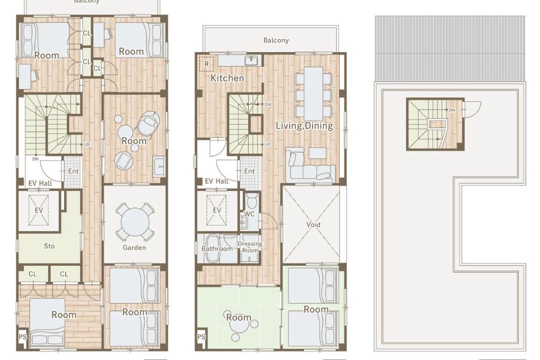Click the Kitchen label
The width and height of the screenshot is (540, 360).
pyautogui.click(x=227, y=78)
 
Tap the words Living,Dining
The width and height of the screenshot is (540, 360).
pyautogui.click(x=304, y=125)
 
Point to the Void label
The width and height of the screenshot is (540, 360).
pyautogui.click(x=313, y=224)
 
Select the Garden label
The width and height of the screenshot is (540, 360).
pyautogui.click(x=134, y=247)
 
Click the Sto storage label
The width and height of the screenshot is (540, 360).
pyautogui.click(x=49, y=246)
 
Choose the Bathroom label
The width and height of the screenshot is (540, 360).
pyautogui.click(x=217, y=248)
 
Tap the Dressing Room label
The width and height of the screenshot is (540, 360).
pyautogui.click(x=250, y=246)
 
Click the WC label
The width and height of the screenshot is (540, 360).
pyautogui.click(x=249, y=214)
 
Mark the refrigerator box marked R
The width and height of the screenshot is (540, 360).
pyautogui.click(x=206, y=63)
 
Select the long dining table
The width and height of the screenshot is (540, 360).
pyautogui.click(x=313, y=93)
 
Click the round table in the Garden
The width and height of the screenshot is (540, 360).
pyautogui.click(x=134, y=222)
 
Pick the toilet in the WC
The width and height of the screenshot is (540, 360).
pyautogui.click(x=251, y=200)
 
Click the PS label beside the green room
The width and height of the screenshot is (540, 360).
pyautogui.click(x=201, y=337)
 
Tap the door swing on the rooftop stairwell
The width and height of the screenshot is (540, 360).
pyautogui.click(x=472, y=109)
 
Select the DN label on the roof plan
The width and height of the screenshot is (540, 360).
pyautogui.click(x=452, y=110)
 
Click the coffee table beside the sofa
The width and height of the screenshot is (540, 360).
pyautogui.click(x=317, y=153)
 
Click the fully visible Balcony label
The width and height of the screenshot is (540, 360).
pyautogui.click(x=276, y=40)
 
